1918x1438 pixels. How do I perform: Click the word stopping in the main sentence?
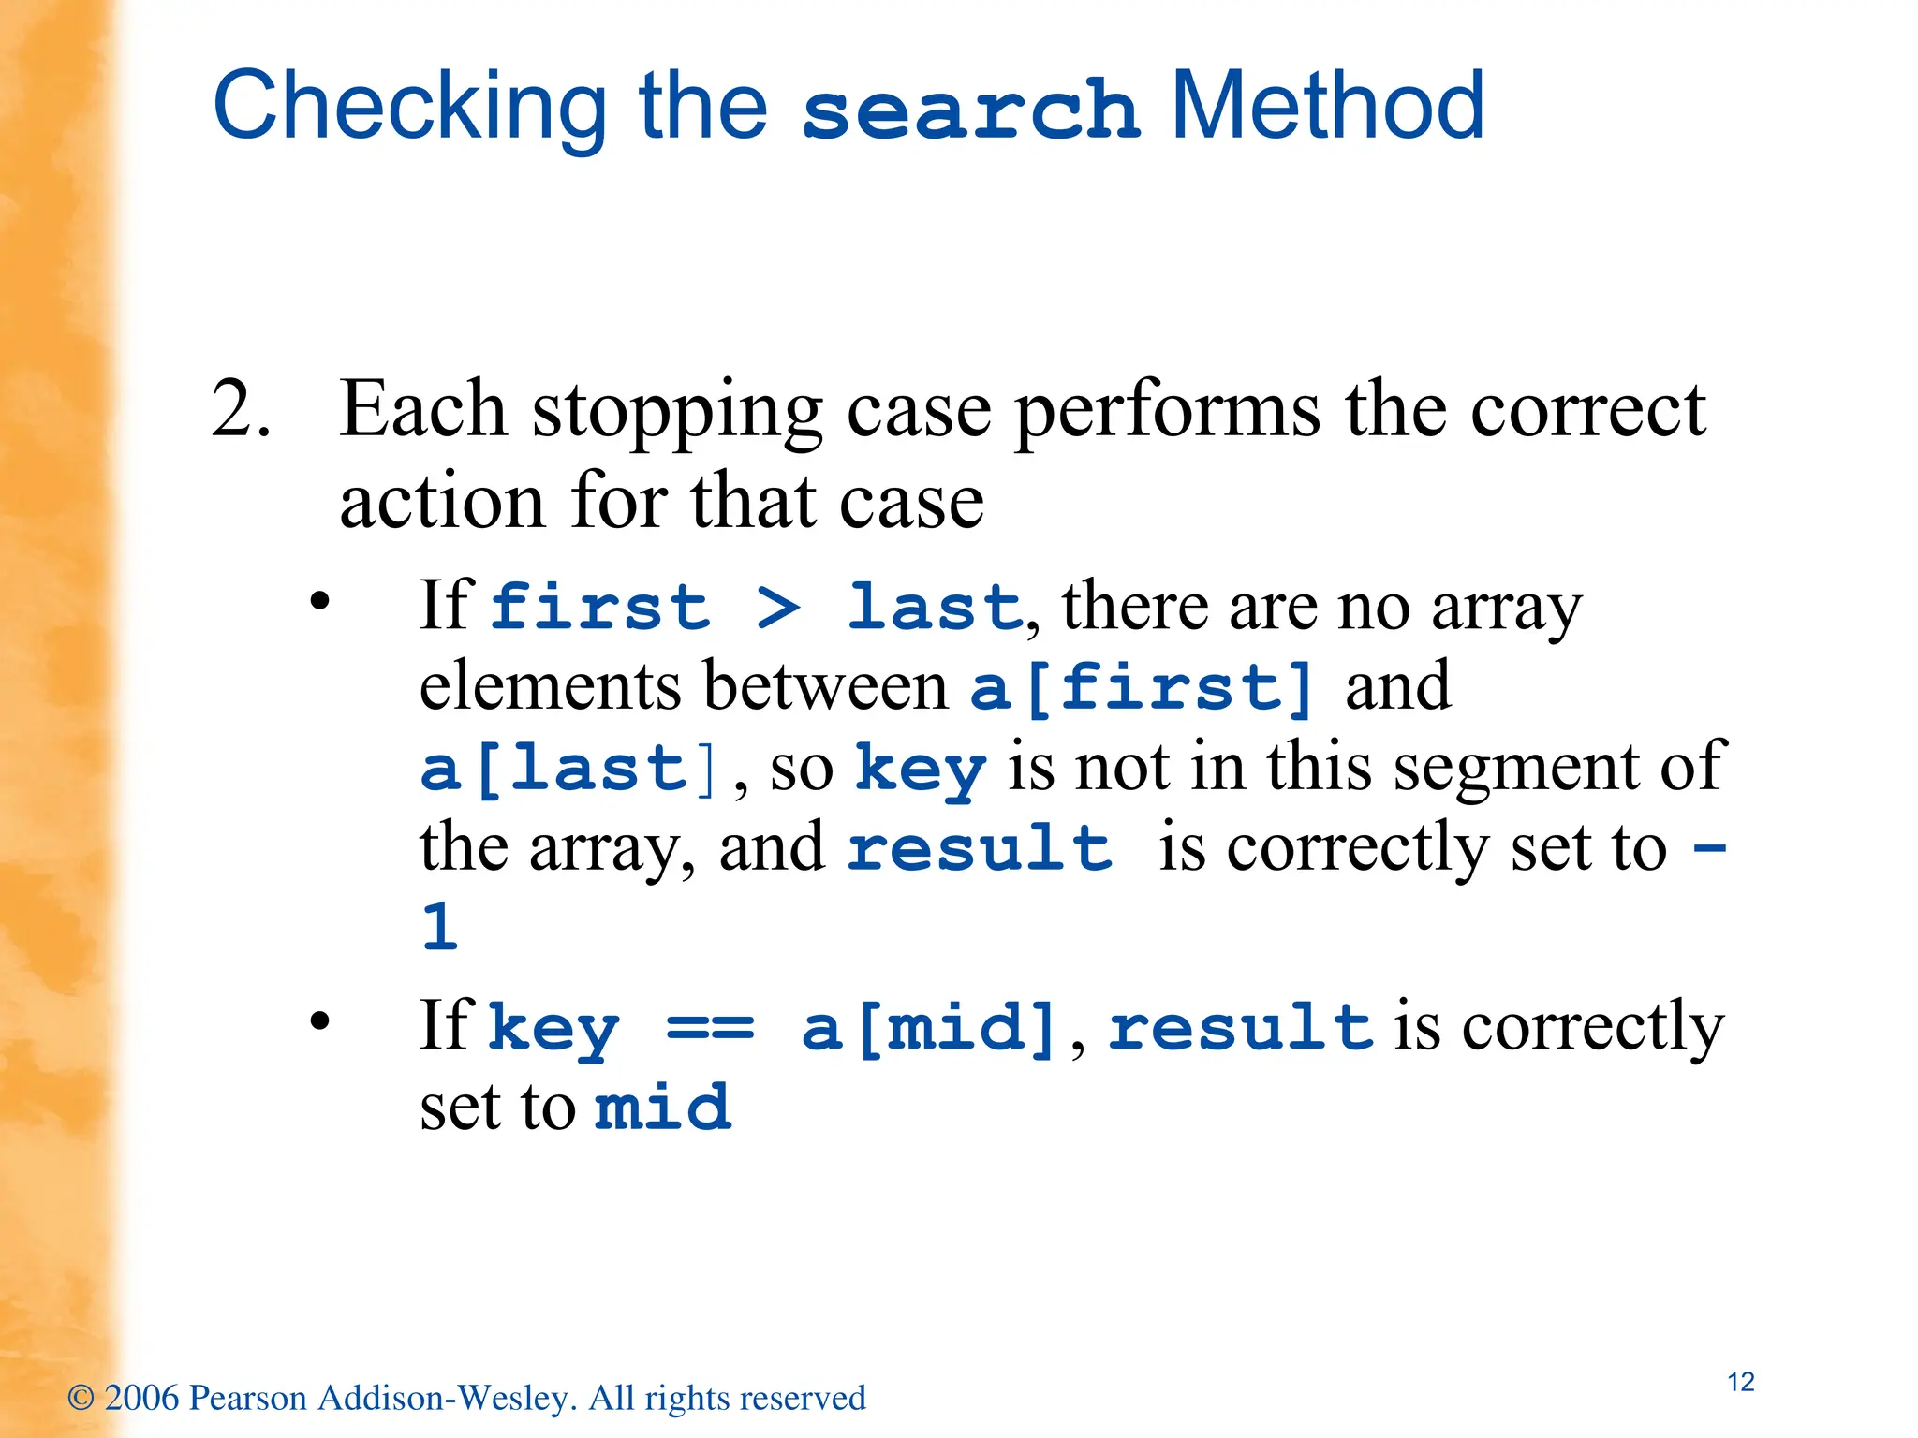pyautogui.click(x=677, y=412)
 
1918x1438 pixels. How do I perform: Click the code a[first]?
pyautogui.click(x=1142, y=688)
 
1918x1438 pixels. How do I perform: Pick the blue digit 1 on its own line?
pyautogui.click(x=439, y=928)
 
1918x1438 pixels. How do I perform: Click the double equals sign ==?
pyautogui.click(x=710, y=1028)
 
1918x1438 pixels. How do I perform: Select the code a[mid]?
pyautogui.click(x=930, y=1028)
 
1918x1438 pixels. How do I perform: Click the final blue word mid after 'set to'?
pyautogui.click(x=662, y=1108)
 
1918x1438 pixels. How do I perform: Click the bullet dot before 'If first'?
pyautogui.click(x=320, y=601)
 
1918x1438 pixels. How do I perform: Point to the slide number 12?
pyautogui.click(x=1740, y=1382)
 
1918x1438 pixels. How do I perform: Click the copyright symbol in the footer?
pyautogui.click(x=81, y=1398)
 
